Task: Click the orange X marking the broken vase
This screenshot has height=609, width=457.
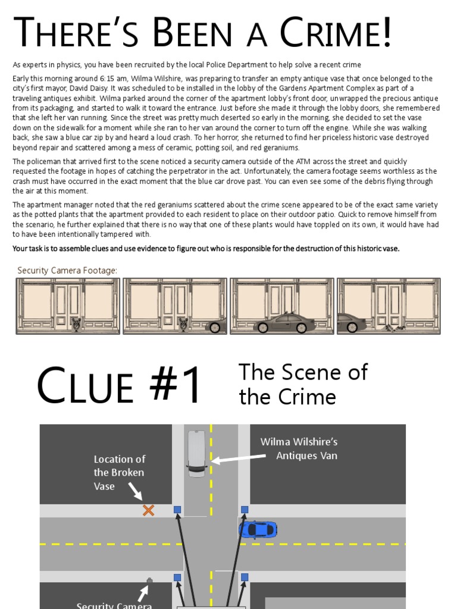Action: (148, 510)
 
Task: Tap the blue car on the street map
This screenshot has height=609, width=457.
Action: (258, 529)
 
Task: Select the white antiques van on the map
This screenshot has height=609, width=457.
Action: (196, 453)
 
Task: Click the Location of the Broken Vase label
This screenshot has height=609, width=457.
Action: (119, 472)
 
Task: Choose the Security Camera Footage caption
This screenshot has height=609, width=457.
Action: (67, 271)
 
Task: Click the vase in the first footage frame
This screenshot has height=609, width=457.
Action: (76, 324)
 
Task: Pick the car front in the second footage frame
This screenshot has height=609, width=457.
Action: (217, 326)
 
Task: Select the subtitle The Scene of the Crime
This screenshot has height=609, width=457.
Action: (303, 384)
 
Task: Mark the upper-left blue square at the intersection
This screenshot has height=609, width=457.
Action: (177, 510)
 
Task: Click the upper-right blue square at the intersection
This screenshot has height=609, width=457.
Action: (244, 510)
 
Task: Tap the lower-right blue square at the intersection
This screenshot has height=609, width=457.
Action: (244, 577)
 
